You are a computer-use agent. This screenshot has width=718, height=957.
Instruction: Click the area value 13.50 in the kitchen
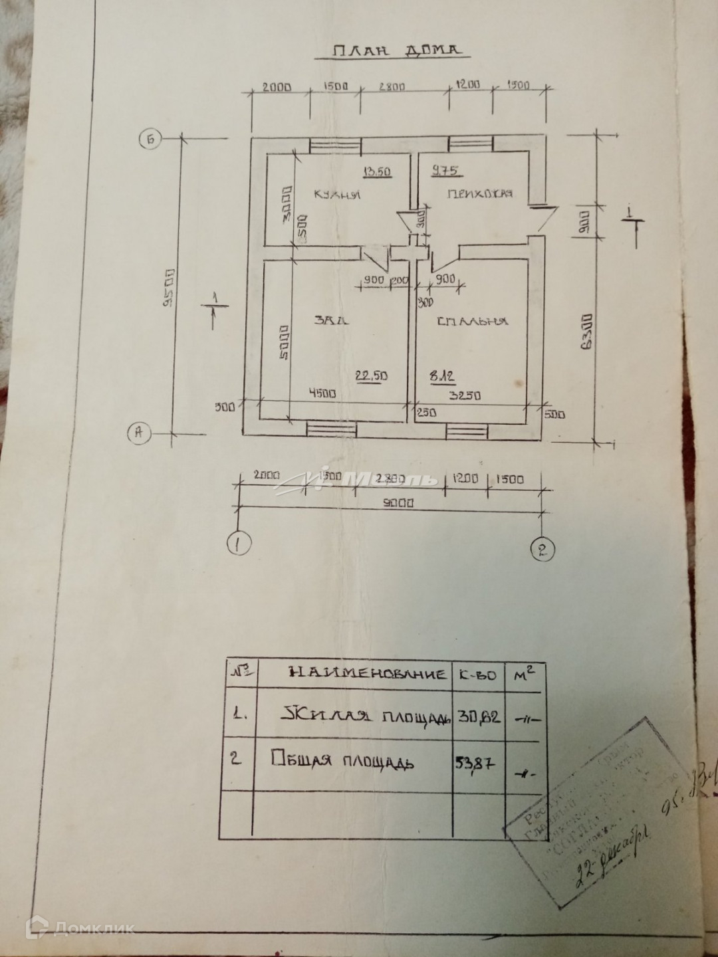[377, 172]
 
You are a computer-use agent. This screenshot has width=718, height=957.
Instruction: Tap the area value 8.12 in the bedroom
[443, 377]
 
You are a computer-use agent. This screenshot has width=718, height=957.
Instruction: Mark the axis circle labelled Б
[151, 140]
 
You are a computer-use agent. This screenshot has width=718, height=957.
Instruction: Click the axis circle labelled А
[139, 433]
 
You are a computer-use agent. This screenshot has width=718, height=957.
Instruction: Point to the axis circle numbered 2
[542, 548]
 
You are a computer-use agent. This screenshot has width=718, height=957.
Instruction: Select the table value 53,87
[475, 763]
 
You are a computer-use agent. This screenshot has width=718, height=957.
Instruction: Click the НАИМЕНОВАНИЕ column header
[368, 673]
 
